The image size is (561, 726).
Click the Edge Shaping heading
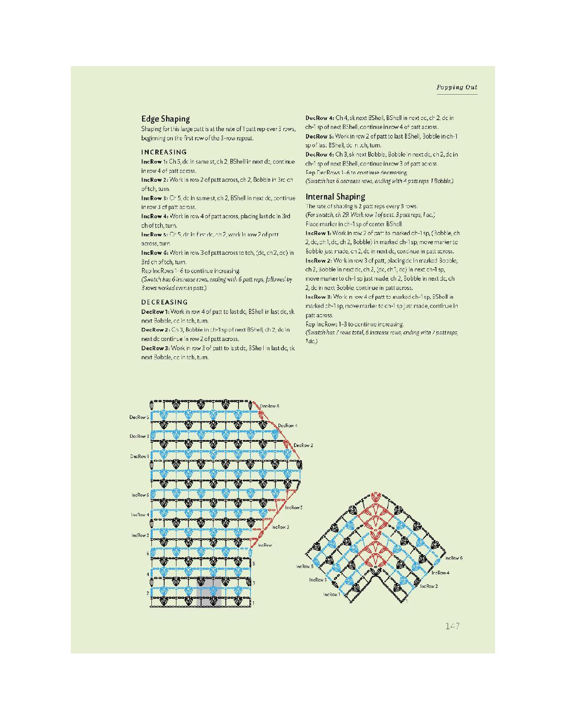tap(165, 119)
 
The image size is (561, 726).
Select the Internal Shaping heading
tap(335, 197)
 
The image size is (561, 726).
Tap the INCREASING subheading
tap(164, 152)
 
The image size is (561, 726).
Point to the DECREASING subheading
tap(164, 302)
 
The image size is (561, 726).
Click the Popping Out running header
tap(457, 87)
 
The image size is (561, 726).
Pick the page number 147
tap(453, 626)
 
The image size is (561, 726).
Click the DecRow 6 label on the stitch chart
tap(269, 406)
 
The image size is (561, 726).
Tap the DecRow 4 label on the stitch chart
tap(288, 425)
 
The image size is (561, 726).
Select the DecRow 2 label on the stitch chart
tap(303, 445)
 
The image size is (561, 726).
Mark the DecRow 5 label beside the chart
tap(139, 417)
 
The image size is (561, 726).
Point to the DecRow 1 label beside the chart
tap(139, 456)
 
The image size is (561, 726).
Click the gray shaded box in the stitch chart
tap(209, 592)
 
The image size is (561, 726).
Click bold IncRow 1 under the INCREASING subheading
tap(151, 161)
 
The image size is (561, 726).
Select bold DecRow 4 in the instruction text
tap(316, 118)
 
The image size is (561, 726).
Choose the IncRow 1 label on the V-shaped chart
tap(332, 594)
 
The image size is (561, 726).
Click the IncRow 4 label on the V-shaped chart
tap(440, 572)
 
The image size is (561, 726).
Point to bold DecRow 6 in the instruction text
tap(316, 154)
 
